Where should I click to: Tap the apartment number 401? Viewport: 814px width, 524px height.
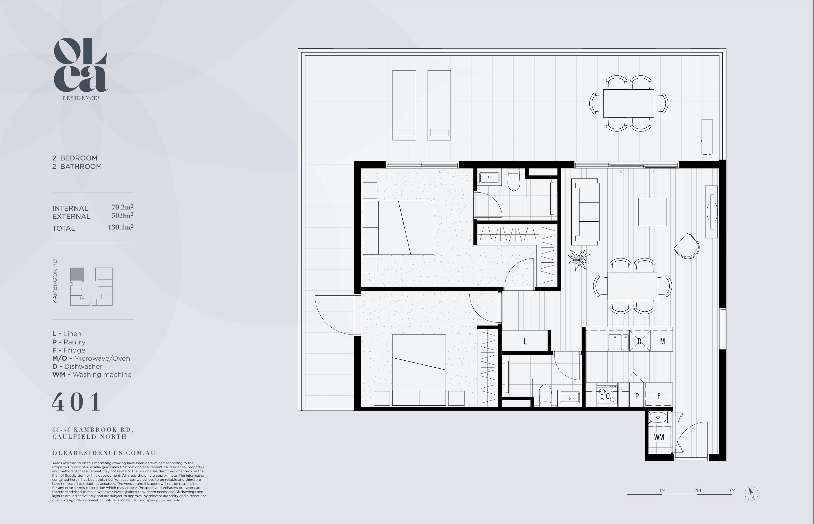pyautogui.click(x=77, y=402)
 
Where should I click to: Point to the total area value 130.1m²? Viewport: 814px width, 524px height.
pyautogui.click(x=121, y=227)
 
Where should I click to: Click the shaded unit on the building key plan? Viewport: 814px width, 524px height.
pyautogui.click(x=77, y=274)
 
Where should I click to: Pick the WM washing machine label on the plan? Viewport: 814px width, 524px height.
pyautogui.click(x=659, y=437)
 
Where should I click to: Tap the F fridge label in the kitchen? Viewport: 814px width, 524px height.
pyautogui.click(x=659, y=396)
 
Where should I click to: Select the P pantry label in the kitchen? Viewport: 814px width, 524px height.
pyautogui.click(x=637, y=396)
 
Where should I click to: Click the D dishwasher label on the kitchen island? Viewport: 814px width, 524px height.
pyautogui.click(x=639, y=341)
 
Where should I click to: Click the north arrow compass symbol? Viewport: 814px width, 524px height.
pyautogui.click(x=751, y=493)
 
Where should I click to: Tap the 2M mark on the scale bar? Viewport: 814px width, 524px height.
pyautogui.click(x=697, y=491)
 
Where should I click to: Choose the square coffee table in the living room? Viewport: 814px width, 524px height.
pyautogui.click(x=652, y=212)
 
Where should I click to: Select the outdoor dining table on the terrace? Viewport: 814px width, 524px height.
pyautogui.click(x=628, y=104)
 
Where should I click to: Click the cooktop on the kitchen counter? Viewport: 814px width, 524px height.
pyautogui.click(x=607, y=395)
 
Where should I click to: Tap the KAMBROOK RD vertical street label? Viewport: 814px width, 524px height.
pyautogui.click(x=55, y=281)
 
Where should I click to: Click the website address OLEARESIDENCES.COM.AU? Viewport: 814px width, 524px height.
pyautogui.click(x=104, y=453)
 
